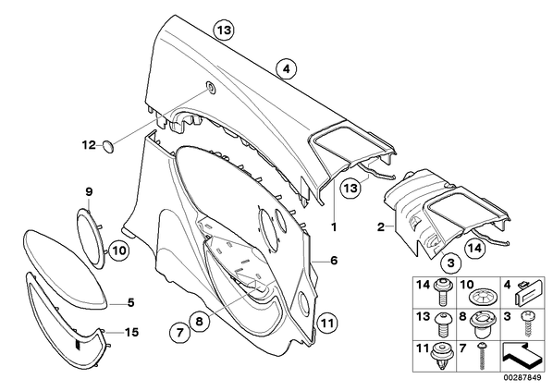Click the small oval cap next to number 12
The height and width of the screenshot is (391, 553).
click(x=108, y=146)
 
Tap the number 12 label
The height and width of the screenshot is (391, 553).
click(x=89, y=144)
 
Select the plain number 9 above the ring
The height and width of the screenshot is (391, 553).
click(x=89, y=191)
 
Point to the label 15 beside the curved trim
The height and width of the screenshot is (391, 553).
click(x=131, y=332)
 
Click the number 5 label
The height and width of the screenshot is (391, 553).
click(x=130, y=302)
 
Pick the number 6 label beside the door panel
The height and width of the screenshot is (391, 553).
click(x=334, y=261)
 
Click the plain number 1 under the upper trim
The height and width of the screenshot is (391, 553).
click(x=334, y=226)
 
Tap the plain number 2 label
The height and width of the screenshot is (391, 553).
click(x=381, y=226)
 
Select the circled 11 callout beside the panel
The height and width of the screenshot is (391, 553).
click(x=327, y=323)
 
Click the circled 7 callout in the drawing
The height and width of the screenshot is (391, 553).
click(x=180, y=332)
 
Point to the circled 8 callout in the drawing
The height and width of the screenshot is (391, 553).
click(x=199, y=321)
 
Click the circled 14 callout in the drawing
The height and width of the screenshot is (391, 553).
click(x=474, y=249)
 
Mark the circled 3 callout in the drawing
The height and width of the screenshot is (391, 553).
click(x=451, y=263)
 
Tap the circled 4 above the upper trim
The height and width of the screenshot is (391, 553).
click(x=287, y=69)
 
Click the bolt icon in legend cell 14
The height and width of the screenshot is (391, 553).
click(x=441, y=292)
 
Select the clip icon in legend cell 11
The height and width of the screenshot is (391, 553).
click(x=441, y=357)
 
